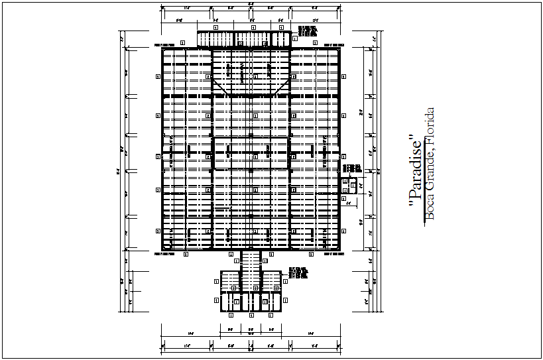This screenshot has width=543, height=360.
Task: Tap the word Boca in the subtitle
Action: (x=430, y=205)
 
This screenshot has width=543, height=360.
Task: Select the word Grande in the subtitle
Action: (x=430, y=170)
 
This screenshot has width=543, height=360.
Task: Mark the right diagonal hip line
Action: (x=282, y=86)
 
